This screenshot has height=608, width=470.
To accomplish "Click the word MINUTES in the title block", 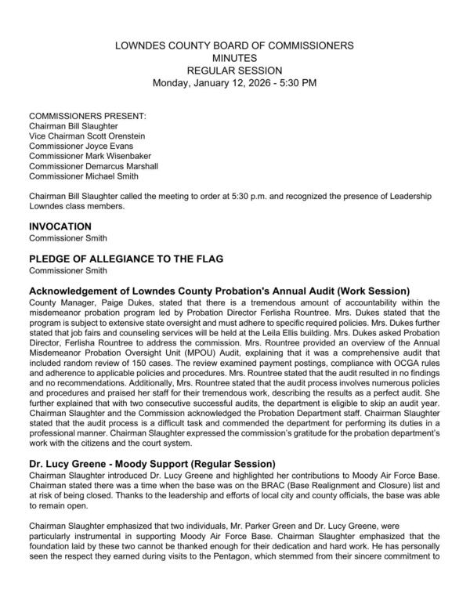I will click(x=235, y=57).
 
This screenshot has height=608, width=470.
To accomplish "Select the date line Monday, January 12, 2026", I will click(x=235, y=82).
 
